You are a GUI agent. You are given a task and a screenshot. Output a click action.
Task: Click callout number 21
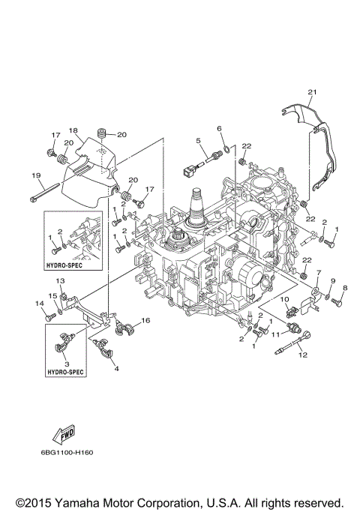tap(312, 92)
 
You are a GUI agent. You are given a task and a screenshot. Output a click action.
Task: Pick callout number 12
tap(304, 356)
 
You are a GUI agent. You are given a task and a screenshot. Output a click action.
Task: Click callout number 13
tap(60, 280)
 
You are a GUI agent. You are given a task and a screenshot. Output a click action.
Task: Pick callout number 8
tap(345, 288)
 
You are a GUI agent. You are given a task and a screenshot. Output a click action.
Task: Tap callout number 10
tap(285, 299)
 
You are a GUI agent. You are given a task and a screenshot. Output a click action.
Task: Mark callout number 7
tap(318, 273)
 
